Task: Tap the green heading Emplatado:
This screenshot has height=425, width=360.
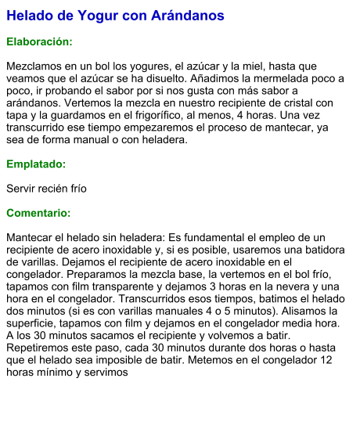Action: coord(36,164)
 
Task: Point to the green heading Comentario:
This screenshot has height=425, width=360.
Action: coord(38,213)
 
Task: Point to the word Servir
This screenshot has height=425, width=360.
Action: coord(22,189)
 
